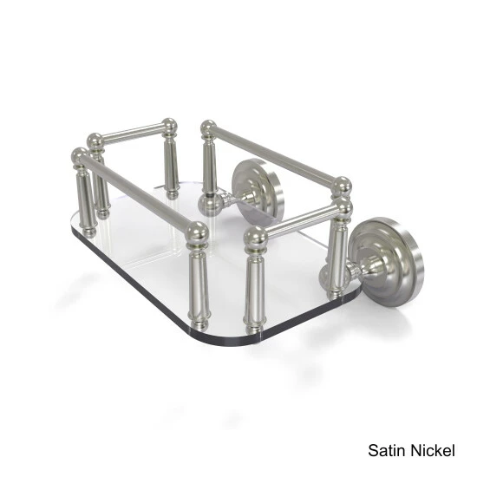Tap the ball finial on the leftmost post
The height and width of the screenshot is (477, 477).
tap(81, 158)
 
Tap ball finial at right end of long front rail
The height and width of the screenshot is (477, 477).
tap(198, 232)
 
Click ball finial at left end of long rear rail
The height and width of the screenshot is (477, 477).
tap(208, 129)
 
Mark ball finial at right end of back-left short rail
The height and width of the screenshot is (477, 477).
tap(169, 126)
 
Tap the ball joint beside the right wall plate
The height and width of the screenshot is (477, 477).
tap(331, 276)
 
